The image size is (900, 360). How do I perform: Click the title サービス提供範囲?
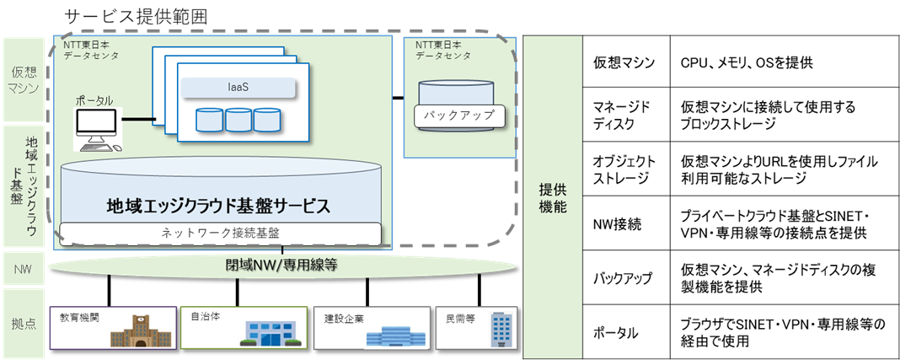pos(136,16)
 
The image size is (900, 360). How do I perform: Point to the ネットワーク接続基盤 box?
pos(222,232)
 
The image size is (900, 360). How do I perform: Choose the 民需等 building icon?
pos(501,330)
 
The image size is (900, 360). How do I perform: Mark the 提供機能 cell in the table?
pos(551,197)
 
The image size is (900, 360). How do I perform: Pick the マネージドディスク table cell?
pos(623,116)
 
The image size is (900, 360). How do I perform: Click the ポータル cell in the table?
pos(623,332)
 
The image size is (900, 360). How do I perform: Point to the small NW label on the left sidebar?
pos(24,270)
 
